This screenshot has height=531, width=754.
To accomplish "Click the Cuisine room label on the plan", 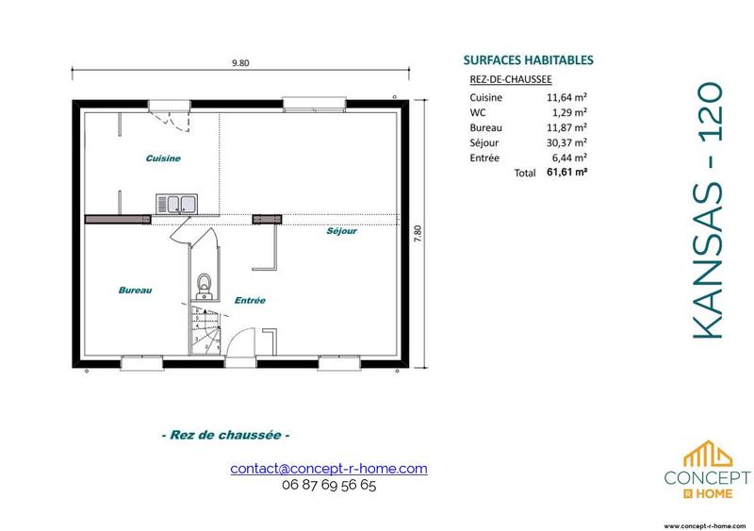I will coord(163,158).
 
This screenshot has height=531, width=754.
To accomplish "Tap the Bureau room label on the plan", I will coord(136,290).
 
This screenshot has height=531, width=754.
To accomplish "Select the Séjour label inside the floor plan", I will coord(342,230).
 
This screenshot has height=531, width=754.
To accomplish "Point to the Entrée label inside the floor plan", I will coord(250,300).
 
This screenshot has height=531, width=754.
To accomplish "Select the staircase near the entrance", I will coord(204,329).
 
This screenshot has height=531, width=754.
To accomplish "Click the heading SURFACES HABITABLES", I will coord(529,58).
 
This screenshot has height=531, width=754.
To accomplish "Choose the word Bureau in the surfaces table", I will coord(485,127).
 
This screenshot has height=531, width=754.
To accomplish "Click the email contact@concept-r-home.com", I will coord(329,468).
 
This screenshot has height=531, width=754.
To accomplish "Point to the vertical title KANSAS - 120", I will coord(708,209).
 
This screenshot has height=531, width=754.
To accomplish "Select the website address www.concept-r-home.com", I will coord(706,523).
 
